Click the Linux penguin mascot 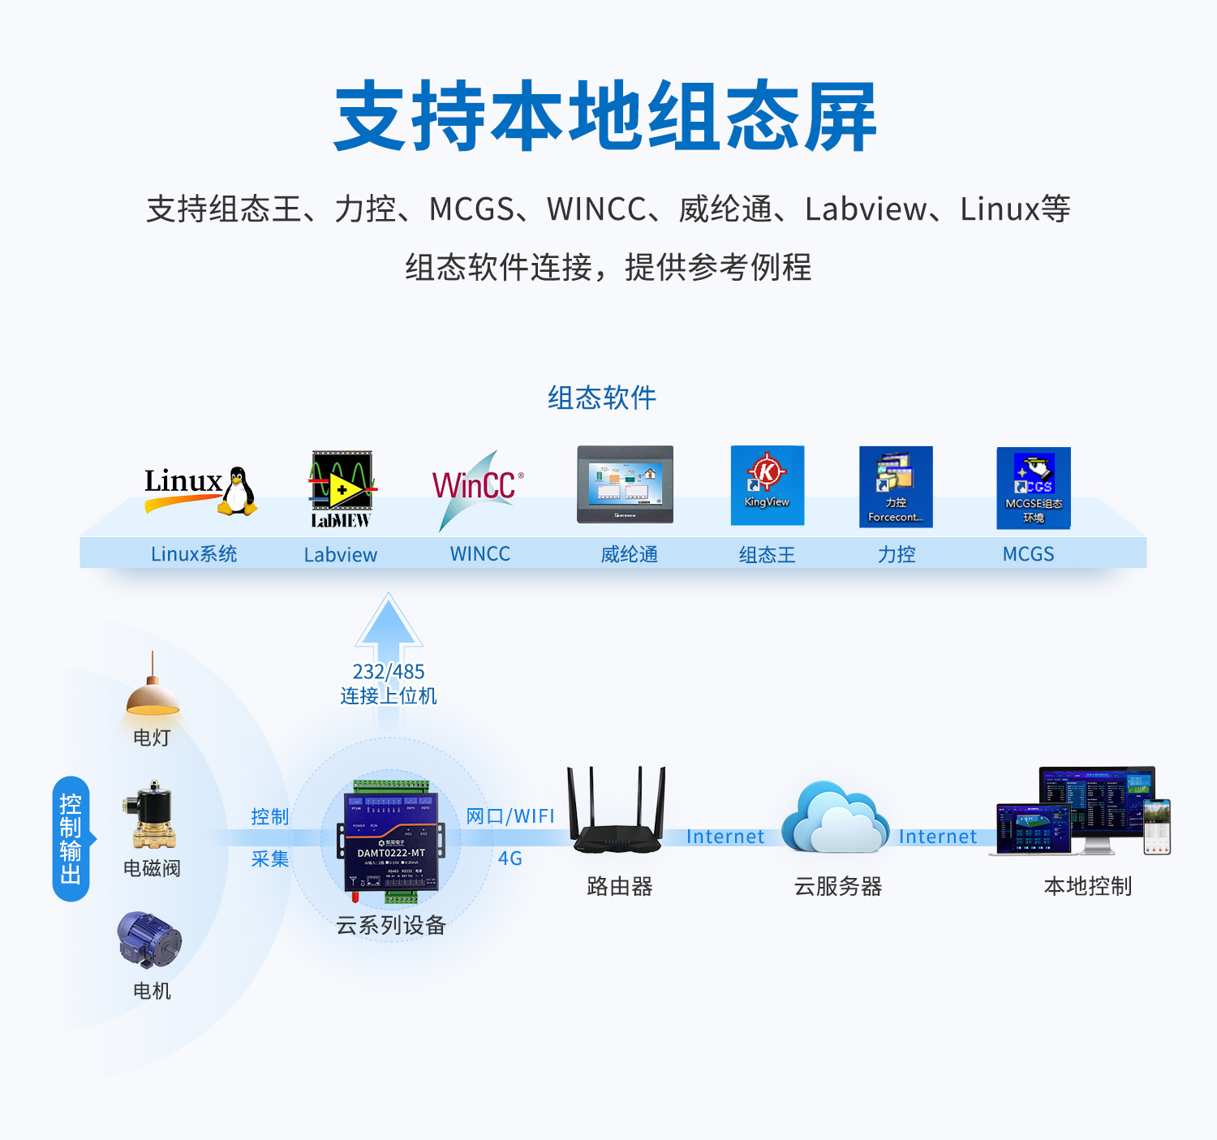[238, 491]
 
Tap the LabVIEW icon [342, 489]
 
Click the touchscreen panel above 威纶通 [625, 484]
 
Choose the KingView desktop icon [767, 485]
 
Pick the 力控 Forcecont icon [896, 487]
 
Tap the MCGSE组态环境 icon [1034, 488]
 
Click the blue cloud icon [835, 817]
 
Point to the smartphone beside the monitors [1157, 826]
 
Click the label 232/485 [389, 672]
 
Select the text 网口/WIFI [510, 816]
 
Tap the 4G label [510, 858]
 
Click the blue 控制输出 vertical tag [71, 839]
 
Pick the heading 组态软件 [602, 398]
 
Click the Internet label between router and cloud [725, 837]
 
